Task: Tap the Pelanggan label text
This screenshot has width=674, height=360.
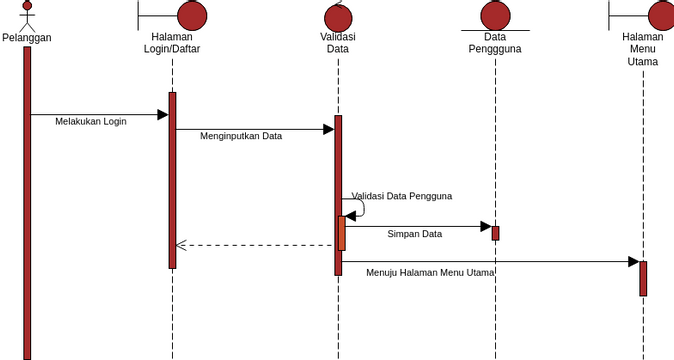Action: coord(27,38)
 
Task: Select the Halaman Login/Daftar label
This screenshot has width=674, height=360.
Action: coord(172,42)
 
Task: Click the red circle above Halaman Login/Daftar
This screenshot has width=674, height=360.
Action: coord(192,15)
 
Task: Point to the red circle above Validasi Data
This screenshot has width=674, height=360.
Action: coord(338,17)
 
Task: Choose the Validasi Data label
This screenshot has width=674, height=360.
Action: coord(338,42)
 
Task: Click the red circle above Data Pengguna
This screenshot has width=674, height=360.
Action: coord(495,15)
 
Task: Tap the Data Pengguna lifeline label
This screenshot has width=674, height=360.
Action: coord(495,42)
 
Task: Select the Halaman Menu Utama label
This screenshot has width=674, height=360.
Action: coord(643,48)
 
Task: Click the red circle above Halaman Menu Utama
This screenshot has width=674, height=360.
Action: coord(662,15)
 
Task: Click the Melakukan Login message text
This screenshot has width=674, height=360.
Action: coord(91,121)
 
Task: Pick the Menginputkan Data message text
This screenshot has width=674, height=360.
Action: coord(241,136)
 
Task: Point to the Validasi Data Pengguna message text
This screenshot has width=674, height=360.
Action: coord(402,196)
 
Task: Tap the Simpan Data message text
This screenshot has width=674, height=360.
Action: coord(415,234)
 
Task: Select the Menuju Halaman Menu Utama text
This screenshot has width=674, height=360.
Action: coord(430,272)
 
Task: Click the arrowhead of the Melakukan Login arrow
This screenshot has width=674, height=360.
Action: coord(163,115)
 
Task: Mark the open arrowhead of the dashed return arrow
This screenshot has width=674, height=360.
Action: coord(180,245)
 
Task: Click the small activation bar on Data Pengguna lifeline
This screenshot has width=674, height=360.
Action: coord(495,233)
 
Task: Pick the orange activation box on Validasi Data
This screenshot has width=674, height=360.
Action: coord(342,233)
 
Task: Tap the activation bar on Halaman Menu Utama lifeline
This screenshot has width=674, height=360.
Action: coord(643,278)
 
